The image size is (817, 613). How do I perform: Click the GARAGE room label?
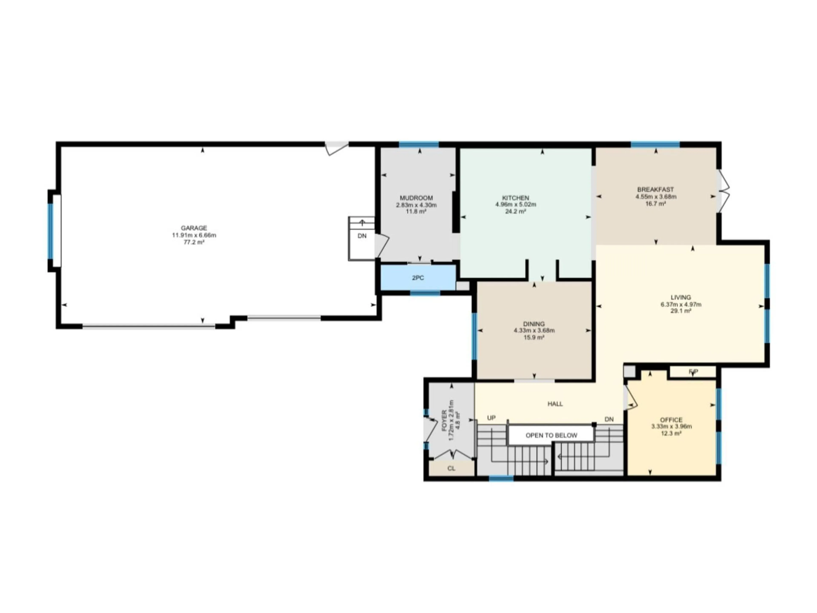coord(194,228)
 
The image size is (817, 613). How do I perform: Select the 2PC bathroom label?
coord(418,278)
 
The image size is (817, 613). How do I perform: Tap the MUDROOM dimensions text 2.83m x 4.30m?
coord(416,205)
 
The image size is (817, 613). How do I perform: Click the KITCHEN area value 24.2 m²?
coord(515,212)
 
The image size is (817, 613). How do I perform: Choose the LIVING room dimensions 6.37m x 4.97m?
coord(681,304)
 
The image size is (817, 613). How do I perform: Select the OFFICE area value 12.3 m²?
coord(671,433)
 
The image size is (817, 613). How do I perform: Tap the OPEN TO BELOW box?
coord(551,435)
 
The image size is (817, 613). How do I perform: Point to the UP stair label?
coord(491,418)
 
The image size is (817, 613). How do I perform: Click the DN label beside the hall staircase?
coord(609,419)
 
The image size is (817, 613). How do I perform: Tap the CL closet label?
coord(451,468)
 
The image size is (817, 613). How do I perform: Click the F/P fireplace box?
coord(693,371)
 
